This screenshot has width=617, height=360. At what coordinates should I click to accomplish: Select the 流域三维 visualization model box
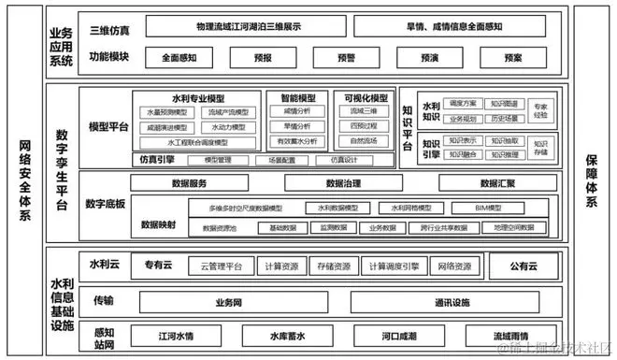point(365,111)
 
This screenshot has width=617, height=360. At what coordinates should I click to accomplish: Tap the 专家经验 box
point(540,110)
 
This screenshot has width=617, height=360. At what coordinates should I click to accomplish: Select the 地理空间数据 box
point(514,227)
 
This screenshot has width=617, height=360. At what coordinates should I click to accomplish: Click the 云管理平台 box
point(221,266)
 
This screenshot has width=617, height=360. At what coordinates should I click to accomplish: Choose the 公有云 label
point(526,266)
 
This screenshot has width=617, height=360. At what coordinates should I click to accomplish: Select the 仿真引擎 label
point(154,160)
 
